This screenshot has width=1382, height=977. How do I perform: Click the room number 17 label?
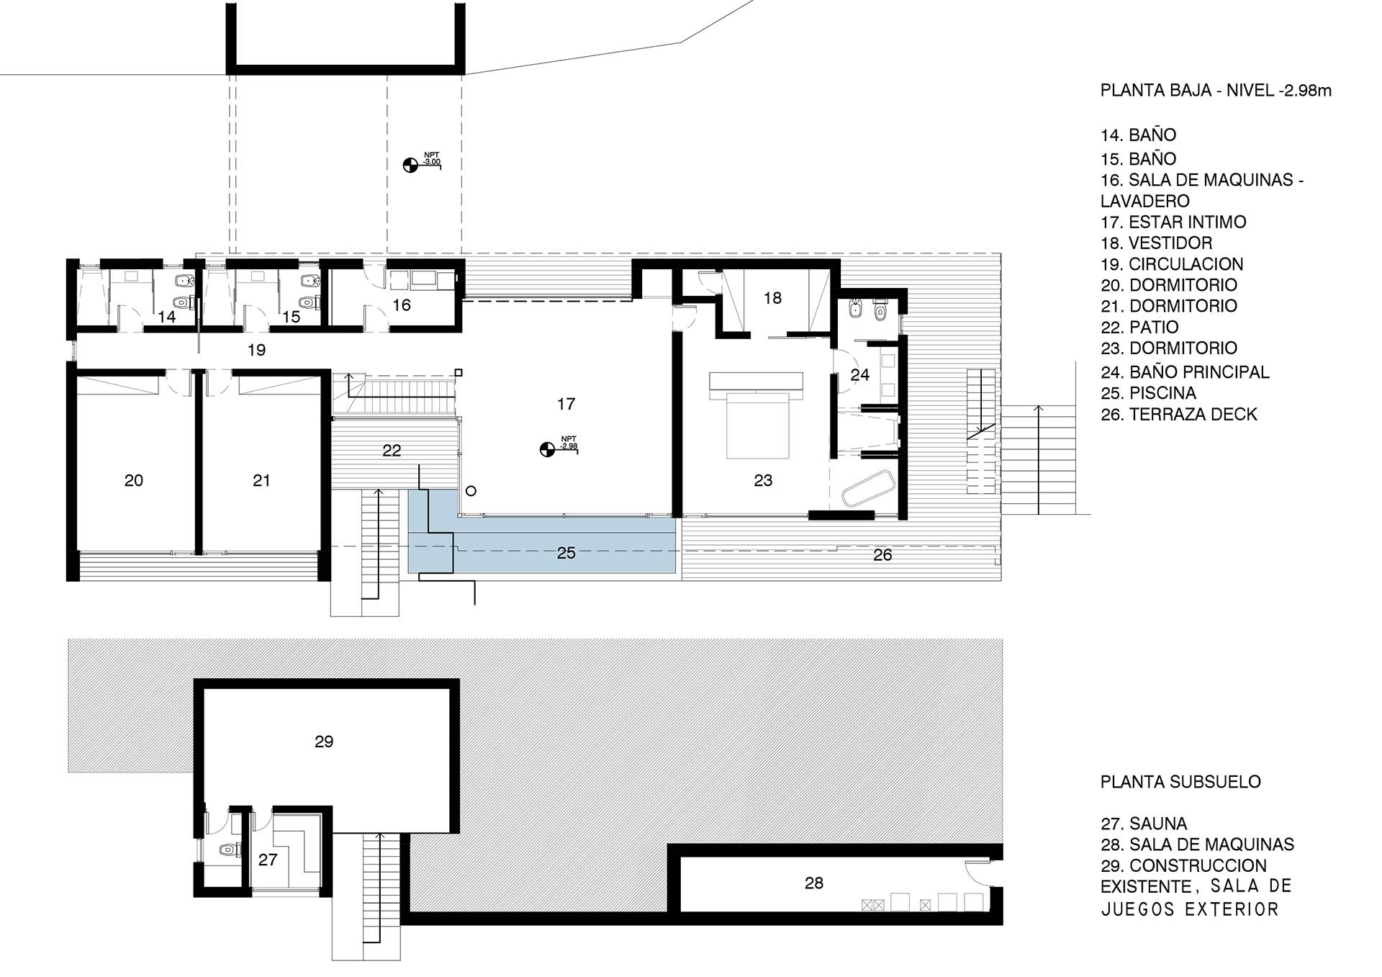pos(566,404)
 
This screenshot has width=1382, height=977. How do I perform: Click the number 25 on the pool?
pos(566,553)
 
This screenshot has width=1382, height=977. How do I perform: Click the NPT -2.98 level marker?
pos(559,446)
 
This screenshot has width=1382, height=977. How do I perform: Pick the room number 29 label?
pos(324,742)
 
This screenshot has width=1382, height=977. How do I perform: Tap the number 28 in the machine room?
pos(814,883)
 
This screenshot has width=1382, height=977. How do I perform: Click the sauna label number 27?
pos(268,860)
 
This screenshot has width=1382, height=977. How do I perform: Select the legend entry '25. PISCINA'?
pos(1149,393)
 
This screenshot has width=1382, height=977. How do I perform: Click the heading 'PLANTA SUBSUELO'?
pos(1180,782)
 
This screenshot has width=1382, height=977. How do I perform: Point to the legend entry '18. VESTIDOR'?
pos(1157,243)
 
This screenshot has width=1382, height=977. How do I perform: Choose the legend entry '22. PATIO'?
pos(1139,328)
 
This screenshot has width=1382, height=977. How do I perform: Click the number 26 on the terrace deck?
pos(882,555)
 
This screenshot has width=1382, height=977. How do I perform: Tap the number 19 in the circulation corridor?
pos(256,350)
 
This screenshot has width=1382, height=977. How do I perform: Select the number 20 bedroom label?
pos(134,480)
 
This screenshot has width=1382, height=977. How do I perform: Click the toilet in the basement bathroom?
pos(228,850)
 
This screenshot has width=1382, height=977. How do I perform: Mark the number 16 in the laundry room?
pos(402,305)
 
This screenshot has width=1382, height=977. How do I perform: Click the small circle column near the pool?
pos(471,491)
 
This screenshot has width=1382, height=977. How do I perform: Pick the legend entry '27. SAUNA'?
pos(1144,824)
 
